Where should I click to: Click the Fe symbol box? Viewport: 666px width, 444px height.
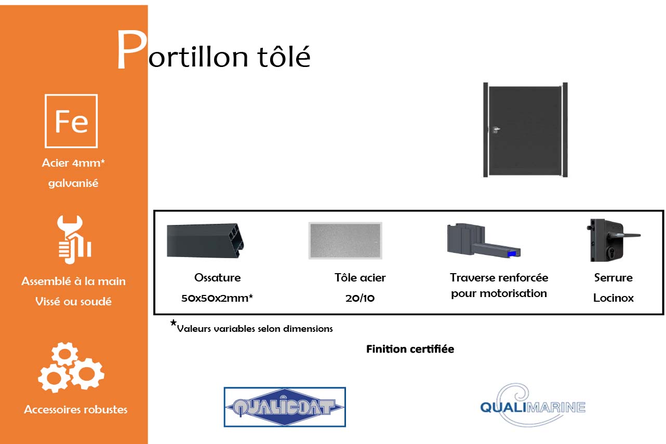point(71,120)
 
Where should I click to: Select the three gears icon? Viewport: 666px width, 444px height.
point(71,367)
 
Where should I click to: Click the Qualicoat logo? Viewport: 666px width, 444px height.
point(284,407)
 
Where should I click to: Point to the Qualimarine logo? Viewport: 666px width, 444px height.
point(532,405)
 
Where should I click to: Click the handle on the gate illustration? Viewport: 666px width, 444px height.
point(496,129)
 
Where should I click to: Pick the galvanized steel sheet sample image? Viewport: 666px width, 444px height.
point(345,240)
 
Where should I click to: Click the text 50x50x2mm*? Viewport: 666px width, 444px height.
point(217,298)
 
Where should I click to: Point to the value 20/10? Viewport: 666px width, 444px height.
point(360,298)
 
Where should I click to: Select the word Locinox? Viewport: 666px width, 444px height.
point(614,298)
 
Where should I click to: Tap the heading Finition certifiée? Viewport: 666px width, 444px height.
point(410,349)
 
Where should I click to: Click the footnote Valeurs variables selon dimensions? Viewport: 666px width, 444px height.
point(255,328)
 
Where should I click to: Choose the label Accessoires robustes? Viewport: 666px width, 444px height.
point(76,409)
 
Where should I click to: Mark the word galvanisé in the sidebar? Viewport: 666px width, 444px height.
point(73,183)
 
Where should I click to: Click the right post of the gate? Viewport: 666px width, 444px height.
point(565,130)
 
